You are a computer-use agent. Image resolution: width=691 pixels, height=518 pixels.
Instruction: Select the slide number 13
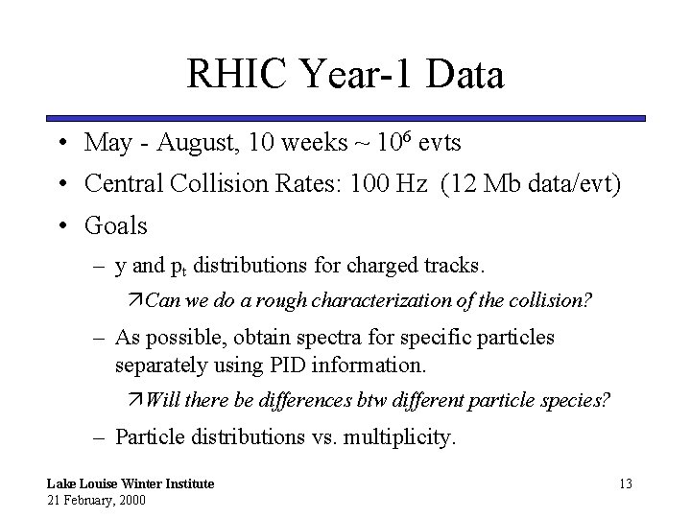tap(625, 483)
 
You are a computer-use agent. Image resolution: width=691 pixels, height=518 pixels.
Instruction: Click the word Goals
tap(116, 225)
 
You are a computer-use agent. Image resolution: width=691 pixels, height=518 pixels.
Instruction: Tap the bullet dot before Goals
tap(60, 226)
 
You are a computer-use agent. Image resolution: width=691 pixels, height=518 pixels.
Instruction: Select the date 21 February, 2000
tap(95, 500)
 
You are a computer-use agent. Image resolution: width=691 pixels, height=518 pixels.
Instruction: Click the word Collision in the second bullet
tap(240, 184)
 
